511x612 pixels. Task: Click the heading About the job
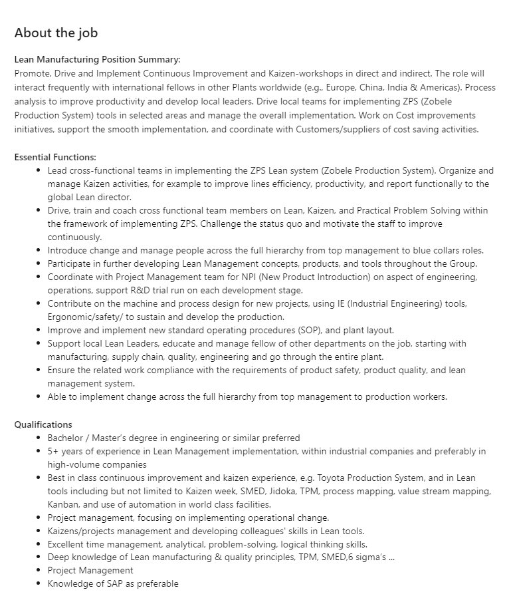point(56,33)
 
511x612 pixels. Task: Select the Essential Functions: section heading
point(55,157)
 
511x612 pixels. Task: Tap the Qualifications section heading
point(43,424)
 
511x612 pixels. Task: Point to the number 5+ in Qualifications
point(52,452)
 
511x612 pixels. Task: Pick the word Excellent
point(68,544)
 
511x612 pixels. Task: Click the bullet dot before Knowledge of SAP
point(39,583)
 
